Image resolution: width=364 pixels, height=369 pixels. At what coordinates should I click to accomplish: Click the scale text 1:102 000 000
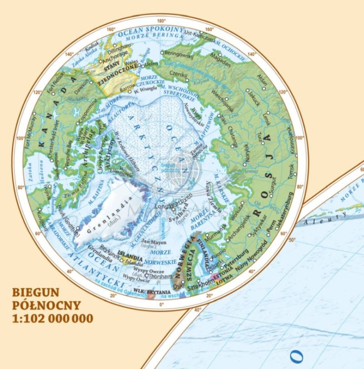[53, 318]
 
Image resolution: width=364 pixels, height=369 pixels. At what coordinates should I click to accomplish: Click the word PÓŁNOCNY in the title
[46, 306]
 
